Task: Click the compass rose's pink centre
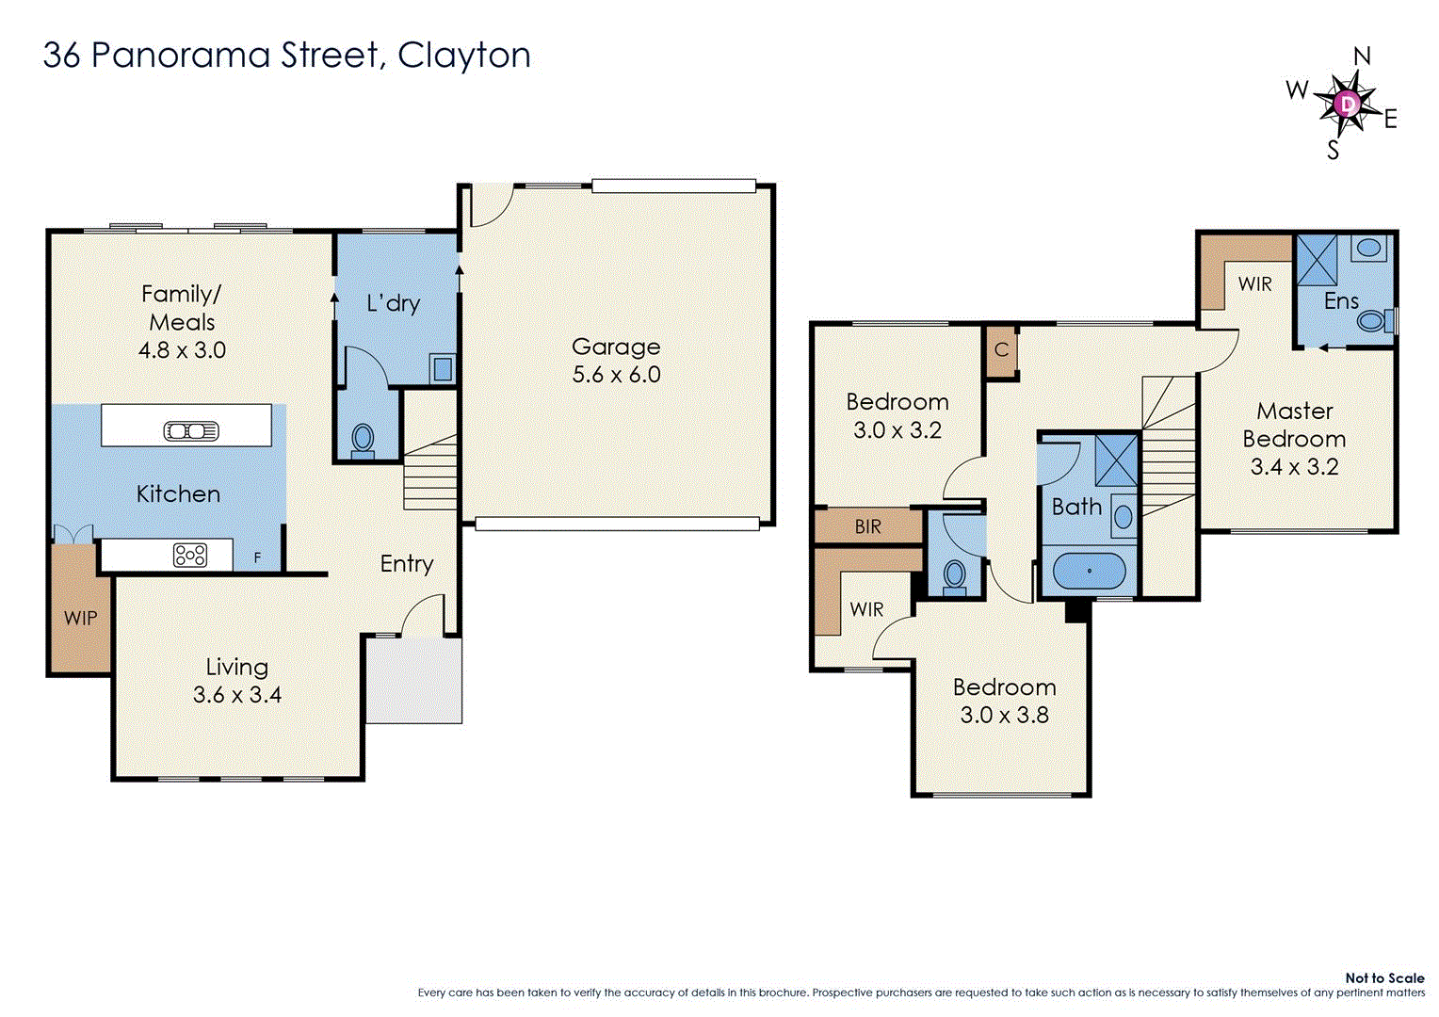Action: (1348, 103)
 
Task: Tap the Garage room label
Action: (616, 347)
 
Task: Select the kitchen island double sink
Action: (191, 431)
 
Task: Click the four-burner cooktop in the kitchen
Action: (190, 556)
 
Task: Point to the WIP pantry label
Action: (80, 619)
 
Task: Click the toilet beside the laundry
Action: (363, 439)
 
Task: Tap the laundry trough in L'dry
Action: (442, 367)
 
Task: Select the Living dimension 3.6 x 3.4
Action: (237, 695)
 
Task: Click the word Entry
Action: (407, 564)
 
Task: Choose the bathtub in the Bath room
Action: (1089, 571)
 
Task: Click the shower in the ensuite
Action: (1317, 260)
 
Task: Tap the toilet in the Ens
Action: (1374, 321)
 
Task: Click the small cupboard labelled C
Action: (1001, 350)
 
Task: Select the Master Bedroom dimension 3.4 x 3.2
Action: (1294, 467)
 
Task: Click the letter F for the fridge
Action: (257, 558)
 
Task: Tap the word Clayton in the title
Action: (464, 56)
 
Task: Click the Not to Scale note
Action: (1384, 978)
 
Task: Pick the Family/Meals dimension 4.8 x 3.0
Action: (182, 350)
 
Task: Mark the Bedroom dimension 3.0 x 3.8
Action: (1004, 716)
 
